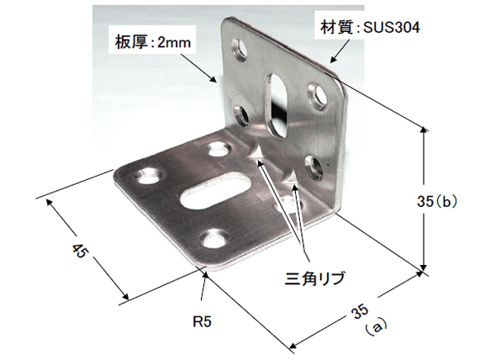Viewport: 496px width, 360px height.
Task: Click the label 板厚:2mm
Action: point(153,43)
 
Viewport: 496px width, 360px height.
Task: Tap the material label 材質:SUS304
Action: point(370,28)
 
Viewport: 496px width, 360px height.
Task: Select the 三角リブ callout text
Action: point(314,278)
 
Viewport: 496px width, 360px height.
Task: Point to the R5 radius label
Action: point(202,321)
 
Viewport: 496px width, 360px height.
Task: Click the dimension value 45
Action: point(79,250)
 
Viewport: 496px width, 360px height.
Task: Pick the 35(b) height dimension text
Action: point(437,201)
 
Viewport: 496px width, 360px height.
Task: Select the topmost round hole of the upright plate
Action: point(240,50)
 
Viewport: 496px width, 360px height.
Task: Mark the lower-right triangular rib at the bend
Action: point(290,178)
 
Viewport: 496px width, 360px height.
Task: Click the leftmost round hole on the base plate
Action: point(149,176)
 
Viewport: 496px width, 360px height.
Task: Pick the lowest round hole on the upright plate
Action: point(314,166)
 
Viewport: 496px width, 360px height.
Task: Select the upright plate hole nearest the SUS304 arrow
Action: point(318,94)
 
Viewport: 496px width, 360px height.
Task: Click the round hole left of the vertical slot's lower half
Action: point(241,115)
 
